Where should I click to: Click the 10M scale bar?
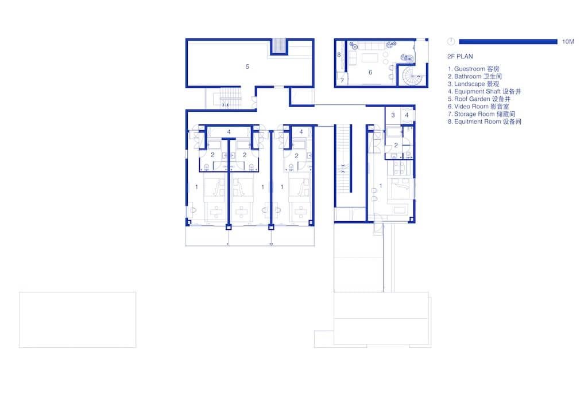tap(508, 41)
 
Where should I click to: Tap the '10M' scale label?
tap(568, 41)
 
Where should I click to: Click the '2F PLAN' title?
tap(460, 57)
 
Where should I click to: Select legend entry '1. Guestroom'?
tap(473, 69)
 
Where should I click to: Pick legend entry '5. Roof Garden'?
tap(479, 99)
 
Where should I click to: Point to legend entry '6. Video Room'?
tap(478, 106)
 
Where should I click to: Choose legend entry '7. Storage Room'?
tap(481, 113)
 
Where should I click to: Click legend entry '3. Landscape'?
tap(473, 84)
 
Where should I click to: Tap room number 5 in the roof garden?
tap(247, 66)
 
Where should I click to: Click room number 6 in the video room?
tap(370, 72)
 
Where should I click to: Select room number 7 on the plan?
tap(342, 80)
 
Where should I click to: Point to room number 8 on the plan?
tap(339, 54)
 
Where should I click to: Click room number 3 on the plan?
tap(393, 115)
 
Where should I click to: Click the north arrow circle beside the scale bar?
tap(451, 41)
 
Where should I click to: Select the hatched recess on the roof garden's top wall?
tap(278, 46)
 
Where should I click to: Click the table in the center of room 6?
tap(370, 58)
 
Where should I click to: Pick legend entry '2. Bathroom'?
tap(474, 76)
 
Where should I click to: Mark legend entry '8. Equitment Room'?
tap(485, 122)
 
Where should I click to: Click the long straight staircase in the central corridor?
tap(343, 159)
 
